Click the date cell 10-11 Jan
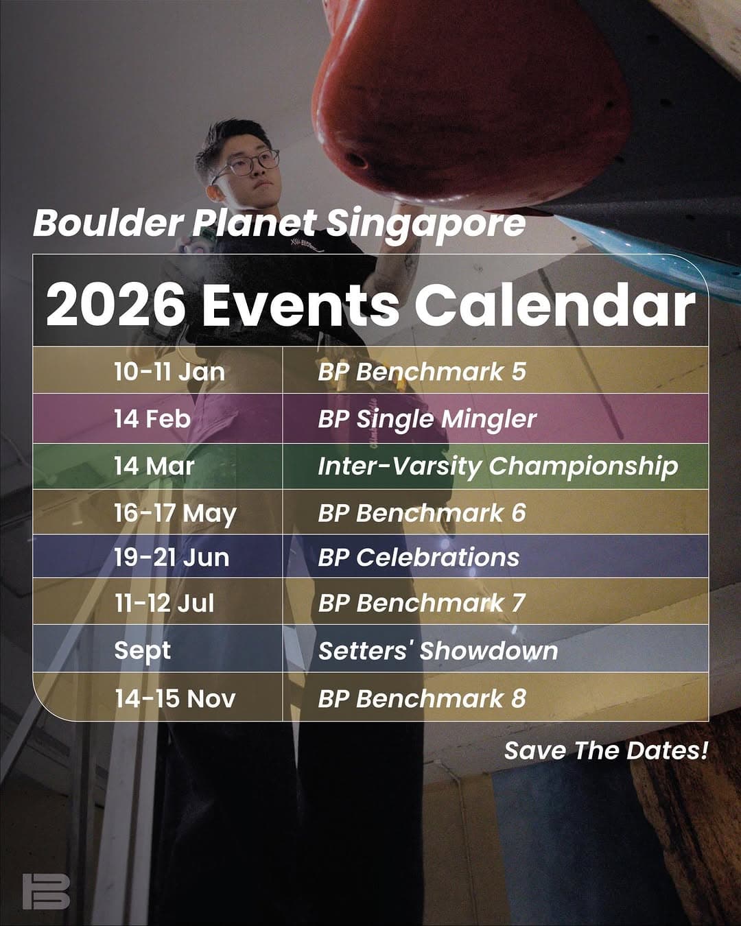169,372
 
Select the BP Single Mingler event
427,419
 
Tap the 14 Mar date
154,466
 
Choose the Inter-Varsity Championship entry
497,467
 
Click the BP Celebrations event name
419,558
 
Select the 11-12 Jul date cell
164,603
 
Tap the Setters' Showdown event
438,651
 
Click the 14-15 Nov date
175,698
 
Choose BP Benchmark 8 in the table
422,698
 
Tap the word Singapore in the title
425,224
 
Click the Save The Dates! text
606,750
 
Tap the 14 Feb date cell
152,419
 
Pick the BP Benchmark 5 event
422,372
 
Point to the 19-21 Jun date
172,558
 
